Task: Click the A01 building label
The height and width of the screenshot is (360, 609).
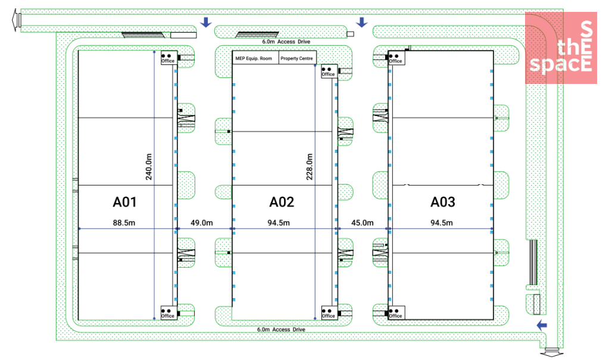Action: [x=124, y=202]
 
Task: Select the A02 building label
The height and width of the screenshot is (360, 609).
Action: [x=282, y=202]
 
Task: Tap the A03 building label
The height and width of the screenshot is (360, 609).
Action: [x=442, y=202]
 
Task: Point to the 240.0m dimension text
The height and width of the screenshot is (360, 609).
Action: [x=149, y=167]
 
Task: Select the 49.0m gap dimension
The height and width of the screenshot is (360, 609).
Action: [x=202, y=223]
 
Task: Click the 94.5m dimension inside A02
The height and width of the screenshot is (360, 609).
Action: [x=278, y=223]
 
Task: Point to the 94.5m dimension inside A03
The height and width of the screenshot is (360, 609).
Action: [x=441, y=223]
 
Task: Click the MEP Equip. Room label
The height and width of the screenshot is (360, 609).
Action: [x=254, y=58]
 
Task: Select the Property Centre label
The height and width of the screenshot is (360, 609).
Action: [x=297, y=58]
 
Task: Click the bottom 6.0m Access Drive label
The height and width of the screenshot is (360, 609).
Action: [x=281, y=329]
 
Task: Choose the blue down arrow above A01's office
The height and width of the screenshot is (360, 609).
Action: [x=205, y=23]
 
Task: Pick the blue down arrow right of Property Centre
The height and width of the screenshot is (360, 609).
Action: [x=361, y=23]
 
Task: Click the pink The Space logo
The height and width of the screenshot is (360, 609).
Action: [x=560, y=48]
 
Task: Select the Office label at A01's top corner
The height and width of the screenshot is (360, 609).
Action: [x=168, y=61]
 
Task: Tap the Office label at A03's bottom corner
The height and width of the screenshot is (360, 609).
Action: [x=395, y=316]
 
